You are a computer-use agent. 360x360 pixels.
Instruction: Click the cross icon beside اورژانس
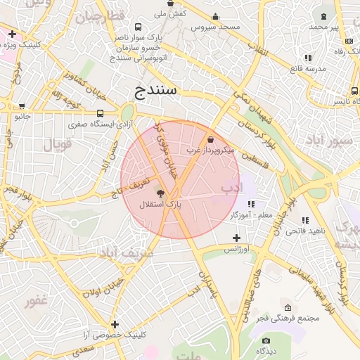click(x=237, y=238)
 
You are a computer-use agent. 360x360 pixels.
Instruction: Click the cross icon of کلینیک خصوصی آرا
click(x=115, y=324)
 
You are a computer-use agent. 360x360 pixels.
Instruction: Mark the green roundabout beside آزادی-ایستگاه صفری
click(x=127, y=112)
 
